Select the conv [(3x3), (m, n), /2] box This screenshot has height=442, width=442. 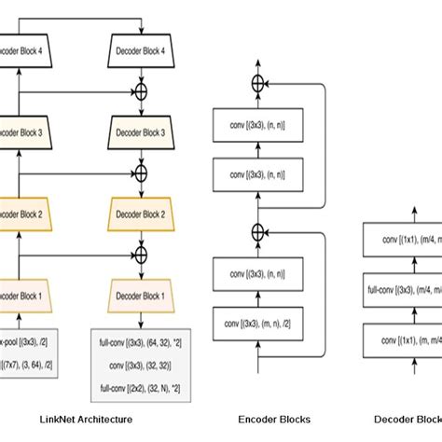click(x=257, y=324)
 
